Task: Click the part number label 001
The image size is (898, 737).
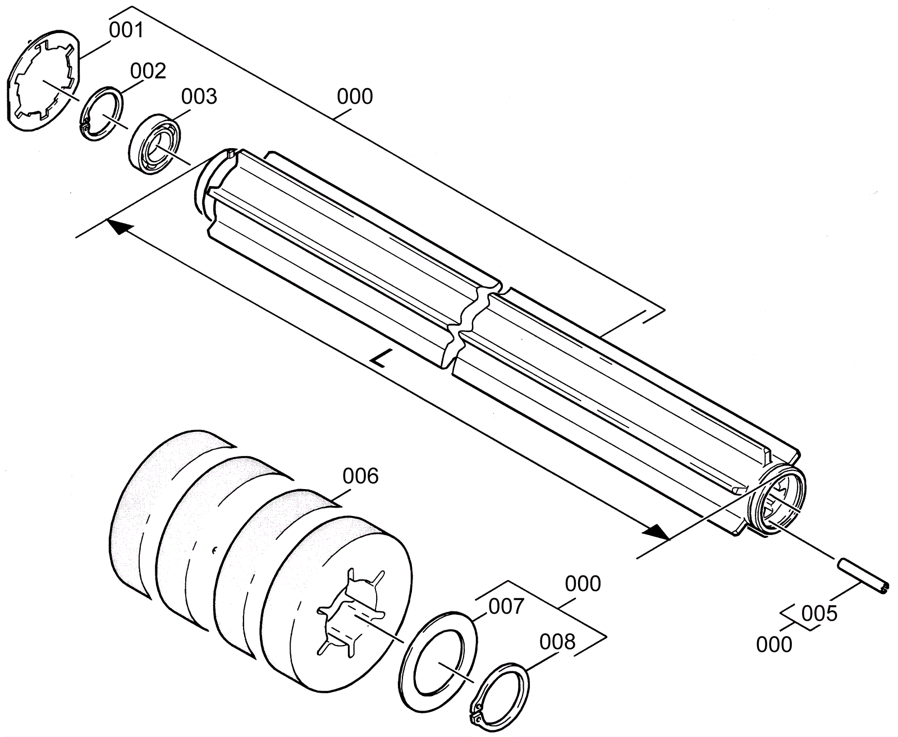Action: pos(126,30)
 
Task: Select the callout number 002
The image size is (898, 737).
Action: pos(148,71)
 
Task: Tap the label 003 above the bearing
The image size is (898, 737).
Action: pos(199,96)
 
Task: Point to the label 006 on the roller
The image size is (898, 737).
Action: pos(361,477)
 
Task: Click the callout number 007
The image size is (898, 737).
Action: pos(506,606)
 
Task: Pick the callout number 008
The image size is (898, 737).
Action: pos(557,642)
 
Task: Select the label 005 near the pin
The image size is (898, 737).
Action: pos(819,614)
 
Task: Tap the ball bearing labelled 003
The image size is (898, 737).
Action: pos(155,144)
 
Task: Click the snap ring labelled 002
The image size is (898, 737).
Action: pos(102,112)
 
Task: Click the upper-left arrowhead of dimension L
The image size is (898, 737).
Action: pos(120,227)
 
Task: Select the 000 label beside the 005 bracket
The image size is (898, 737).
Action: pos(774,644)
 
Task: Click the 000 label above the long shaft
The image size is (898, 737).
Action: pos(355,96)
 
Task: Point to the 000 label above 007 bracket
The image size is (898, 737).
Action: pos(583,584)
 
